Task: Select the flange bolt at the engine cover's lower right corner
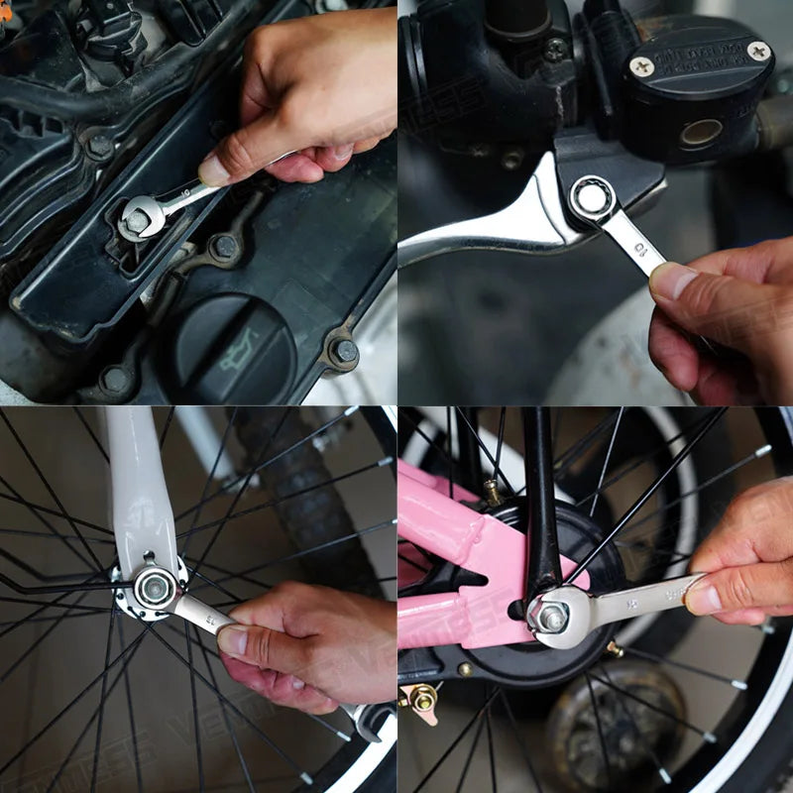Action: (344, 351)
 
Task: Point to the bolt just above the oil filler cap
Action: (225, 246)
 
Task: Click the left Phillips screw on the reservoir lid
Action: (642, 66)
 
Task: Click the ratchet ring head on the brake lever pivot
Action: (592, 198)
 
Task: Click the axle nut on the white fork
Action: (154, 588)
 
